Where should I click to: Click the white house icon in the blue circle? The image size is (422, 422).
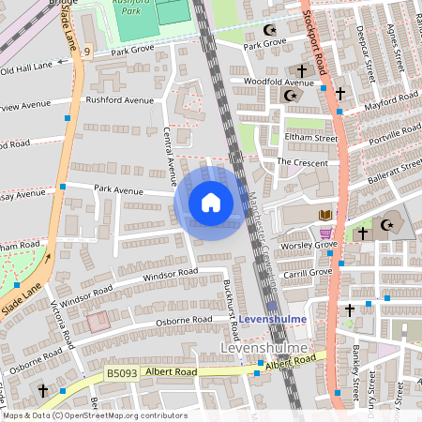click(210, 203)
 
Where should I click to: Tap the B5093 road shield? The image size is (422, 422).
click(117, 372)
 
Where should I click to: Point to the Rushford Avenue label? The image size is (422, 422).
click(119, 100)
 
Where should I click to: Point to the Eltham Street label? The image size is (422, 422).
click(310, 138)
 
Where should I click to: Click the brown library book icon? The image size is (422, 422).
click(325, 216)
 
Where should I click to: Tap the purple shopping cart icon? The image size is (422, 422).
click(325, 234)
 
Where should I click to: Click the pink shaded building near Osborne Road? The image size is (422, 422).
click(98, 324)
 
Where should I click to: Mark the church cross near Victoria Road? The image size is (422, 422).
click(42, 389)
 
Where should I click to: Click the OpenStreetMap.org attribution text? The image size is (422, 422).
click(110, 414)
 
